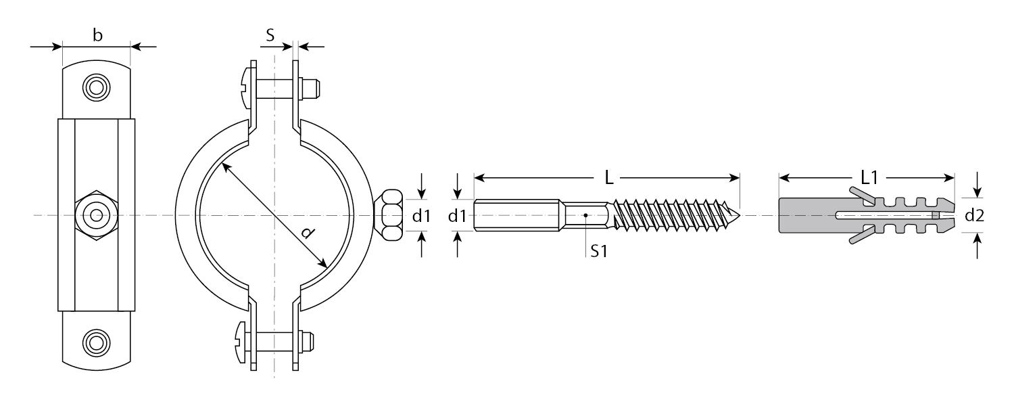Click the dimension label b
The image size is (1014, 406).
[97, 35]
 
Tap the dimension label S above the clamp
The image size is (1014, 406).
[270, 35]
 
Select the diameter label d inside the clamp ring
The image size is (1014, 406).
[308, 233]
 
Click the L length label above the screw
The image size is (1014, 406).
[609, 178]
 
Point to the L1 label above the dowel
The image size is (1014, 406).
[869, 177]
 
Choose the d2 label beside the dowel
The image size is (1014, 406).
[975, 215]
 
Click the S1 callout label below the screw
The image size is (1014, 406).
[598, 251]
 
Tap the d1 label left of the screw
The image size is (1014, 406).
[457, 216]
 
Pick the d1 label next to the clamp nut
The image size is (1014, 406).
[421, 216]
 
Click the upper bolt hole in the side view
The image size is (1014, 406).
[97, 87]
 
